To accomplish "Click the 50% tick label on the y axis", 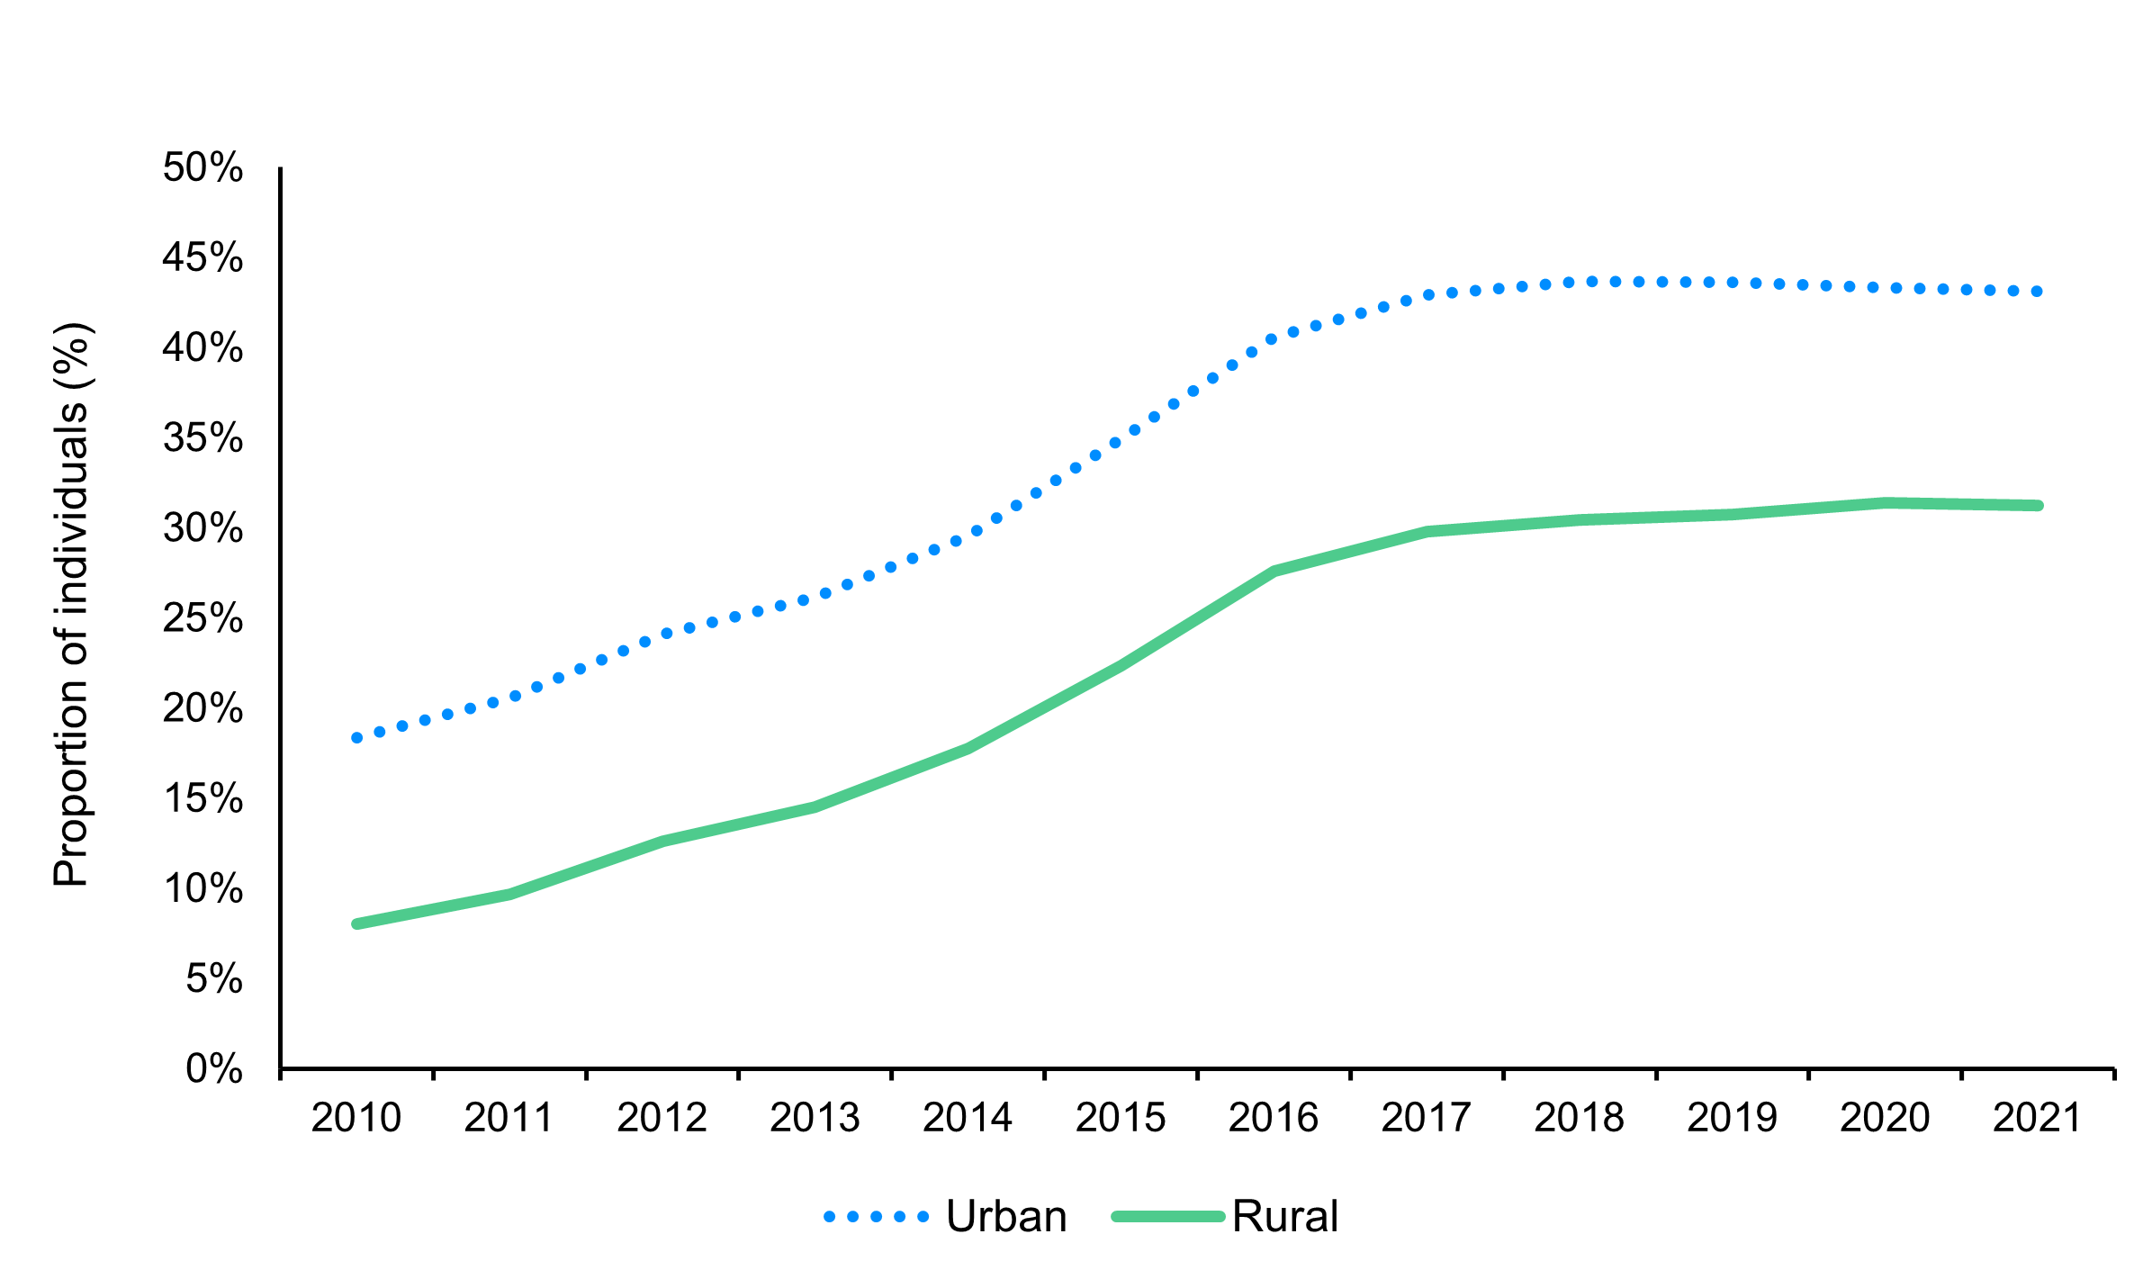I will click(203, 168).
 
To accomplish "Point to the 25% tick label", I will click(203, 619).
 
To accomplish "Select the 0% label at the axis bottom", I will click(214, 1069).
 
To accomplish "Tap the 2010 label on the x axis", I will click(356, 1118).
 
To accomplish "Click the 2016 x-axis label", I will click(1273, 1118).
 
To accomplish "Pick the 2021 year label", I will click(2037, 1118).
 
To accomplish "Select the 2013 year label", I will click(815, 1118).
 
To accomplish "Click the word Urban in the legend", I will click(1006, 1217).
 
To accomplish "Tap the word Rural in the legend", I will click(1284, 1217).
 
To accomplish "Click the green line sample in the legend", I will click(1168, 1217).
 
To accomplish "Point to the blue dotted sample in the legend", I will click(876, 1217).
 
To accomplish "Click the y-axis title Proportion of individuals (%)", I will click(71, 605).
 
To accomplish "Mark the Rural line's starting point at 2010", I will click(357, 923).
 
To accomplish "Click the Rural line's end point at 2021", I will click(2038, 506).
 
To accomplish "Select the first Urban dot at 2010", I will click(357, 738).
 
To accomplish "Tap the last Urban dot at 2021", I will click(2038, 292).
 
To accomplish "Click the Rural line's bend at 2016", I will click(1274, 571).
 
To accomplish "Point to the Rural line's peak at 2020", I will click(1886, 502).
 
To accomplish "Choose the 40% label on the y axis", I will click(203, 348).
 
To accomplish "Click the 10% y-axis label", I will click(203, 889).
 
